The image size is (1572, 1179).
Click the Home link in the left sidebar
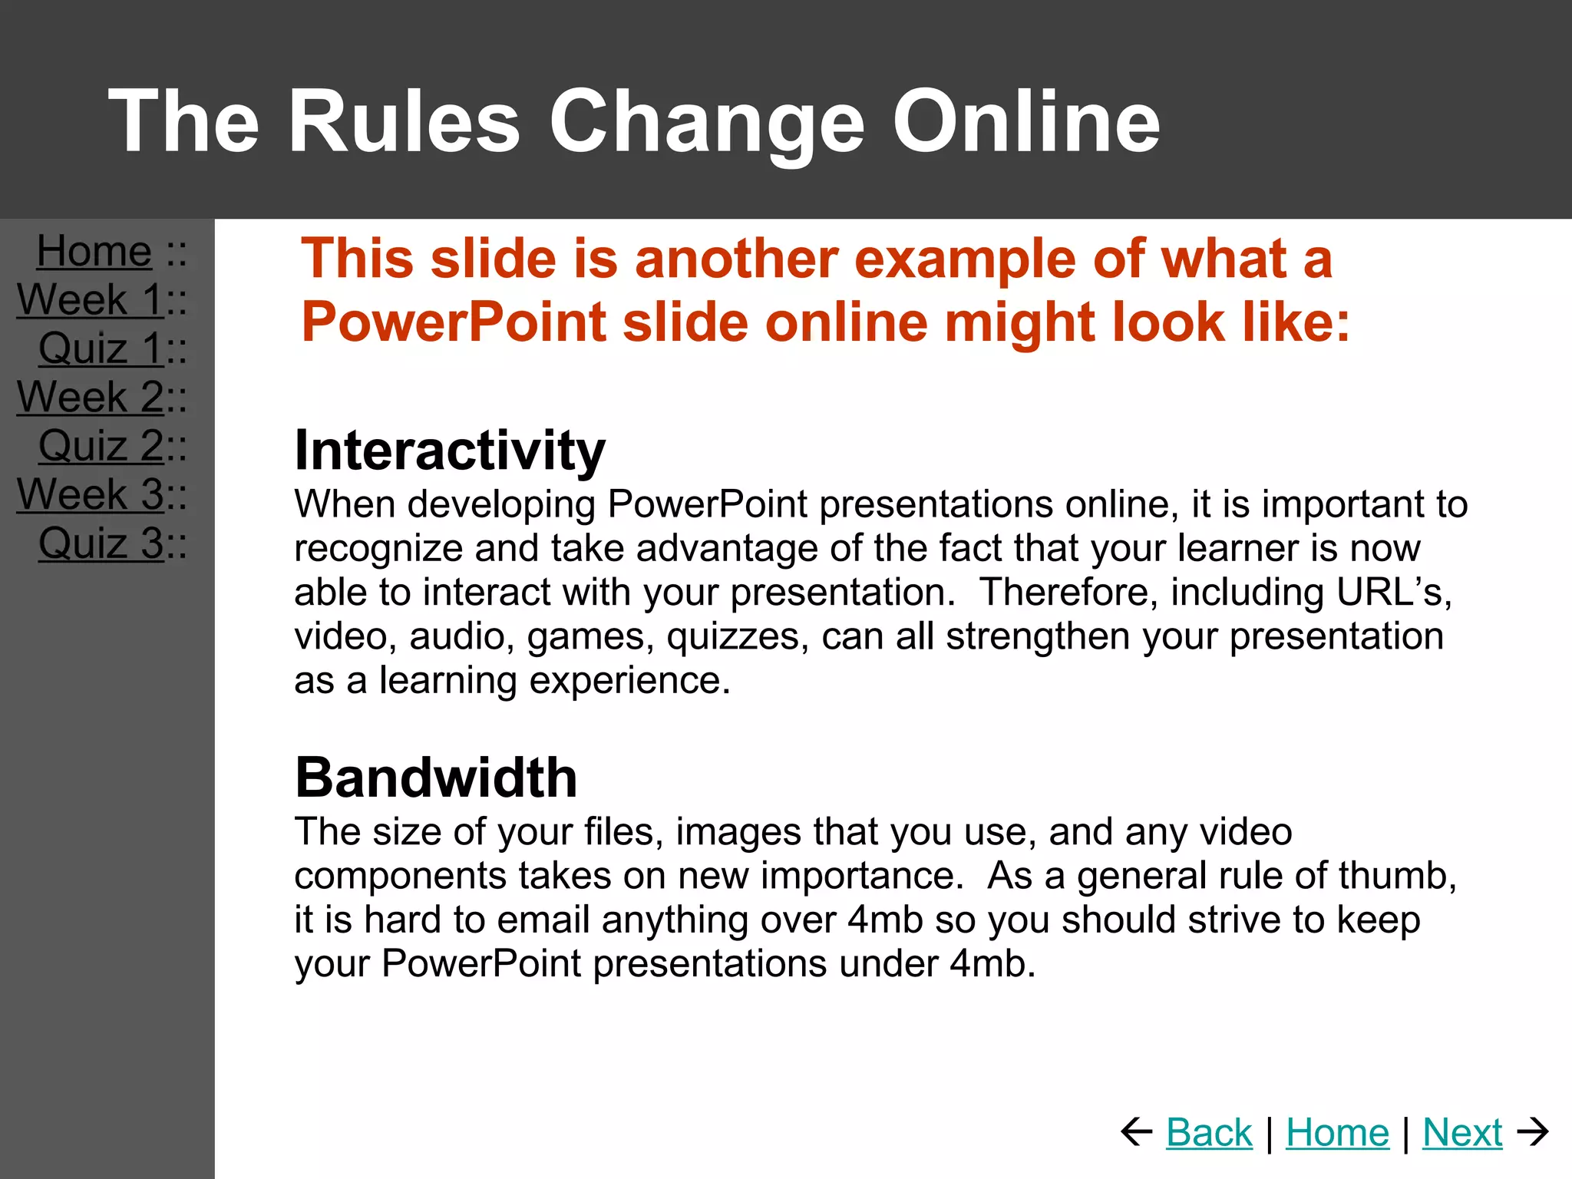94,252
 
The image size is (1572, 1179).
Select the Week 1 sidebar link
90,299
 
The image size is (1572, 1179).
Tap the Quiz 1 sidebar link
101,348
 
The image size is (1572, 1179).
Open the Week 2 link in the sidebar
90,397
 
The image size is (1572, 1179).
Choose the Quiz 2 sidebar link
101,446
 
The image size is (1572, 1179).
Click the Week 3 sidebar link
90,494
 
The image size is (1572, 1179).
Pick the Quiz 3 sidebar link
101,543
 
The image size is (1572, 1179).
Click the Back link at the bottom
1209,1132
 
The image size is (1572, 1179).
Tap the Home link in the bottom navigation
1337,1132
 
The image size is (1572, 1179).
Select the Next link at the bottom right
1461,1132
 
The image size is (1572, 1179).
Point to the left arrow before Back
1137,1131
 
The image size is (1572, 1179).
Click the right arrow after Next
1533,1131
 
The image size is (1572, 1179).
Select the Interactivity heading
450,451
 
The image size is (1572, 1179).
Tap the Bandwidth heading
436,778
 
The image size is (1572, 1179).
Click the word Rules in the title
404,121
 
